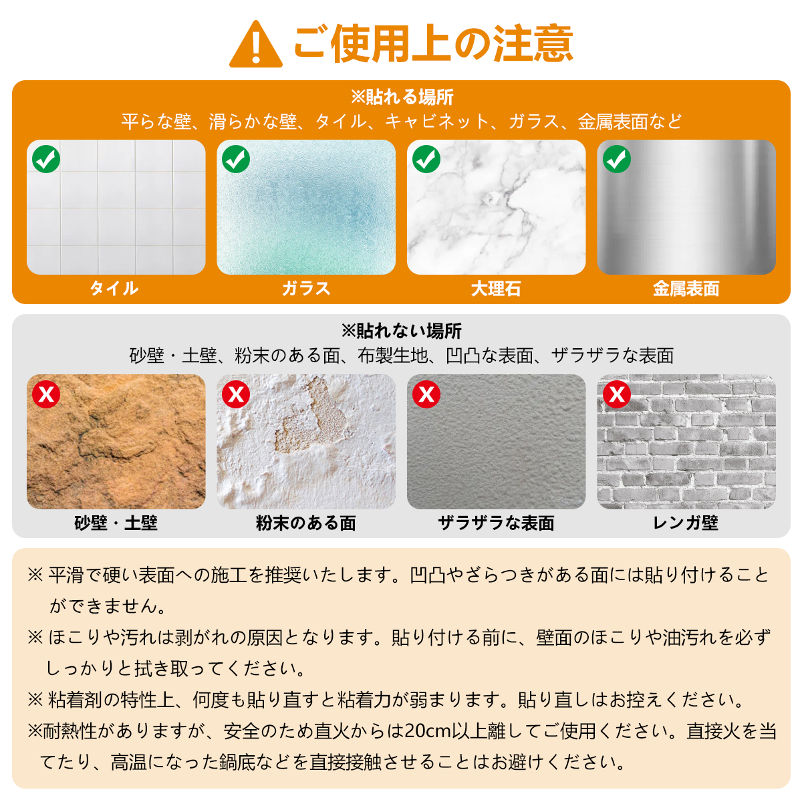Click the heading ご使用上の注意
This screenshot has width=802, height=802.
click(x=433, y=43)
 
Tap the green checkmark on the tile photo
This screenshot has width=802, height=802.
click(x=46, y=159)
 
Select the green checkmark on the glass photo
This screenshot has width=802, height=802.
click(x=236, y=159)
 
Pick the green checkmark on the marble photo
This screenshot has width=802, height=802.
click(x=426, y=159)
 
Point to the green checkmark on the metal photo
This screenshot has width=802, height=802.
click(x=616, y=159)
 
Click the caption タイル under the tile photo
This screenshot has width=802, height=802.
click(x=114, y=288)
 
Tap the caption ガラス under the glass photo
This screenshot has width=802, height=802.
click(x=306, y=288)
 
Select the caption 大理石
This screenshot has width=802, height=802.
click(x=496, y=289)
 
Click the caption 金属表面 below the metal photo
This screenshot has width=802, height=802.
click(x=686, y=289)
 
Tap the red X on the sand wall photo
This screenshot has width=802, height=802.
click(x=46, y=394)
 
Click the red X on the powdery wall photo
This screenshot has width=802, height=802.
click(x=236, y=394)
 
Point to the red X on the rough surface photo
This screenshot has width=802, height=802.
click(x=426, y=394)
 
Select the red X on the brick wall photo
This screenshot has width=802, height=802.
click(x=616, y=394)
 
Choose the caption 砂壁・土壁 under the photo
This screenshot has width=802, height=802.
click(x=116, y=523)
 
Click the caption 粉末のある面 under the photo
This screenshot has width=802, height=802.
click(x=306, y=523)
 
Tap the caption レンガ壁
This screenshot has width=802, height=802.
click(x=686, y=523)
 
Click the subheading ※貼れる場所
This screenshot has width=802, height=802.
click(x=402, y=97)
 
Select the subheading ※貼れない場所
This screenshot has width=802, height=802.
click(x=401, y=331)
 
